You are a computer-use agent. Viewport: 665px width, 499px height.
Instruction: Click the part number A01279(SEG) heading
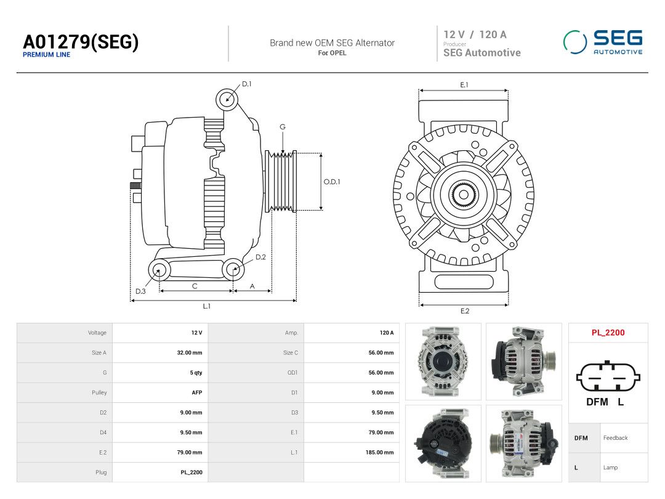(81, 42)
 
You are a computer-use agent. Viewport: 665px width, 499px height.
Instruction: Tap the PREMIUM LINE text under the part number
(47, 55)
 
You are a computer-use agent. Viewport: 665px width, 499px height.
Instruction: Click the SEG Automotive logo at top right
(603, 43)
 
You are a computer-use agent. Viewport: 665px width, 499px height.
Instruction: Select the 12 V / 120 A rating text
(475, 34)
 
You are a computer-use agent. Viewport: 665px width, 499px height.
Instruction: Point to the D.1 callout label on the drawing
(246, 84)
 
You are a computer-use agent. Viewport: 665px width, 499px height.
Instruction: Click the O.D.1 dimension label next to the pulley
(332, 182)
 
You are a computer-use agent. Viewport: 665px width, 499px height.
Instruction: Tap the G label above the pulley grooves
(283, 127)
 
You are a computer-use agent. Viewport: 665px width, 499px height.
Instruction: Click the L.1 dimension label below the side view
(206, 306)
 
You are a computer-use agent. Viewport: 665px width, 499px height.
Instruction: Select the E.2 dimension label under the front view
(465, 311)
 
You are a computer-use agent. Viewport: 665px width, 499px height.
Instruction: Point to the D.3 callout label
(140, 291)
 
